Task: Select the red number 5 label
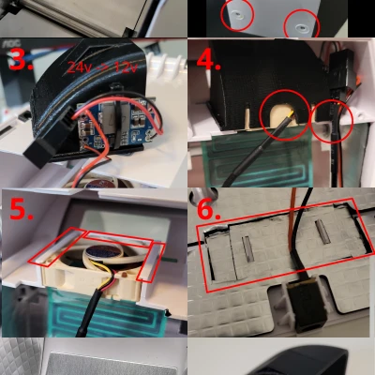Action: click(x=22, y=211)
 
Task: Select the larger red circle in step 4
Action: click(x=284, y=114)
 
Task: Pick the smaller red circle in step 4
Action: click(x=331, y=122)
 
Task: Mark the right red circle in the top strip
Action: click(x=300, y=23)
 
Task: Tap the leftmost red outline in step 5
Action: click(x=52, y=247)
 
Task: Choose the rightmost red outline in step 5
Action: click(x=150, y=260)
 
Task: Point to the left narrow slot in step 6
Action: click(x=247, y=249)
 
